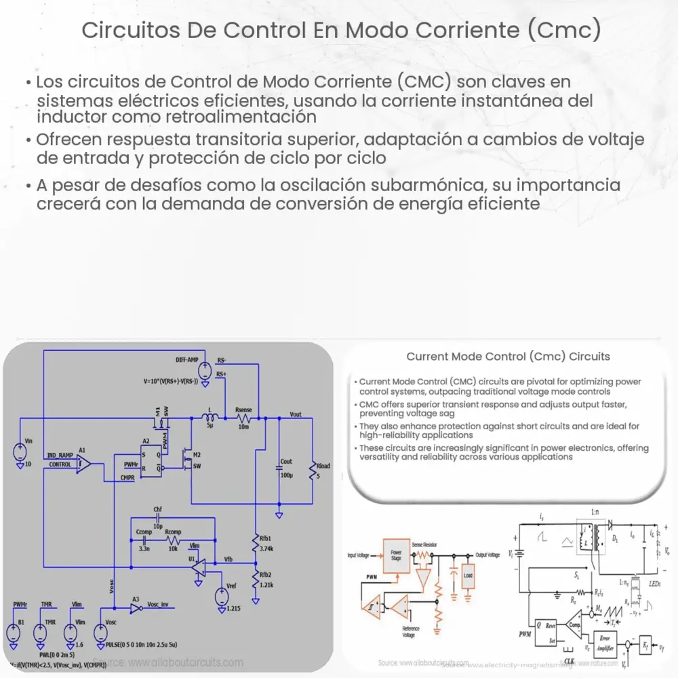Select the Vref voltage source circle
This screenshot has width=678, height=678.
tap(220, 597)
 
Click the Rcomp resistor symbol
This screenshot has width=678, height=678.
tap(174, 542)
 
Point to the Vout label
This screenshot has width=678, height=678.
tap(296, 414)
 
